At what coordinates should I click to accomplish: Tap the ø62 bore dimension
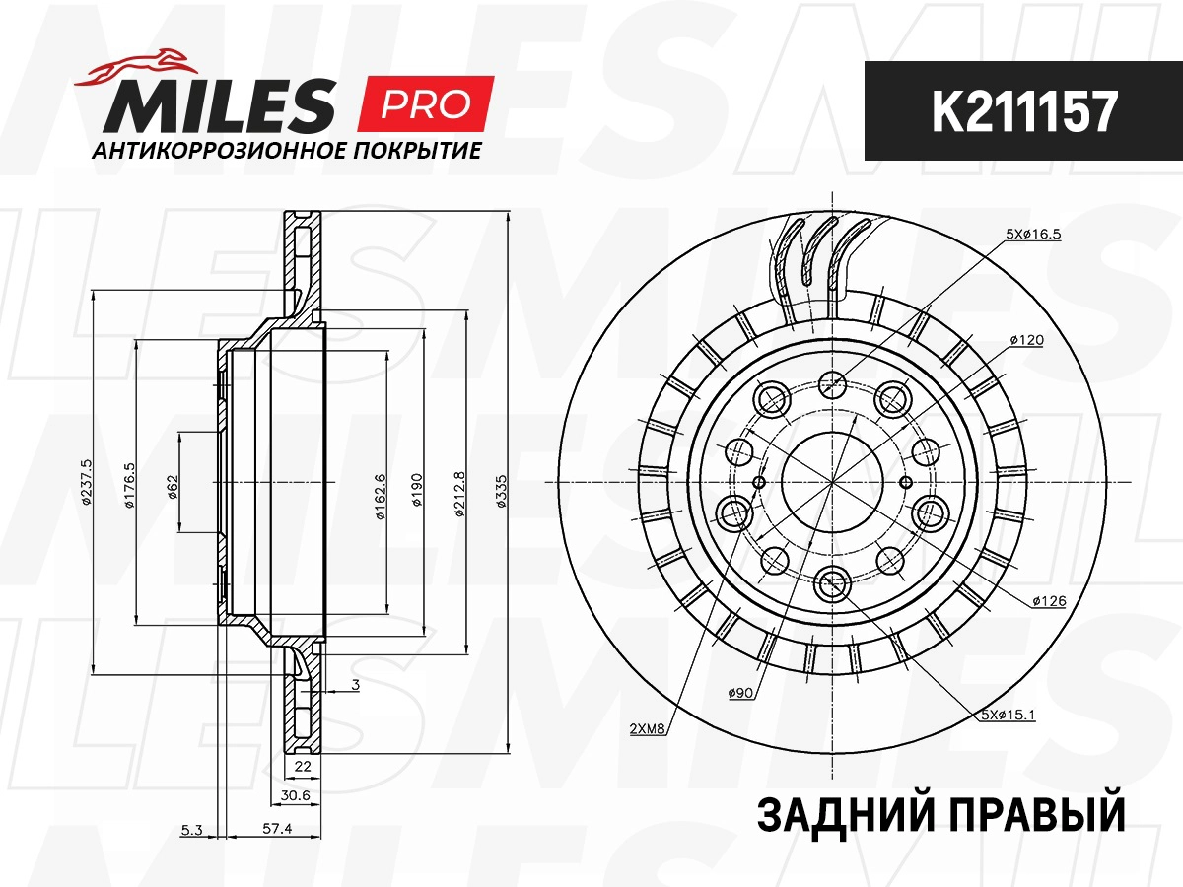point(173,486)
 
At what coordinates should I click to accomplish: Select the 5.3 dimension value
point(192,830)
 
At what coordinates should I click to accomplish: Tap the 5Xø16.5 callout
point(1032,234)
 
